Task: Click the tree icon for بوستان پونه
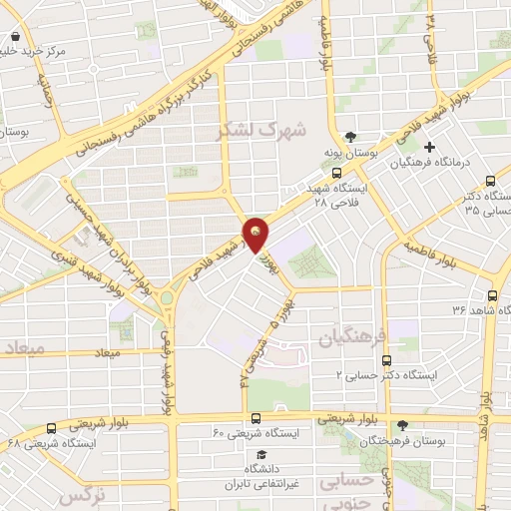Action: tap(350, 138)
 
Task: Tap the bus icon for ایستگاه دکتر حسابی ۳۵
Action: tap(489, 181)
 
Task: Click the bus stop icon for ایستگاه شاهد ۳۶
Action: tap(492, 294)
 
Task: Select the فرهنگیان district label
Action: tap(345, 339)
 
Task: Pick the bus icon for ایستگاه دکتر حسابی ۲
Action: tap(387, 361)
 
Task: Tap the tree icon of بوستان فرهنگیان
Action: tap(403, 424)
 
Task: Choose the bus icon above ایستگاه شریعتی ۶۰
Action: tap(255, 418)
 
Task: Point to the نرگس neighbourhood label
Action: tap(82, 496)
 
